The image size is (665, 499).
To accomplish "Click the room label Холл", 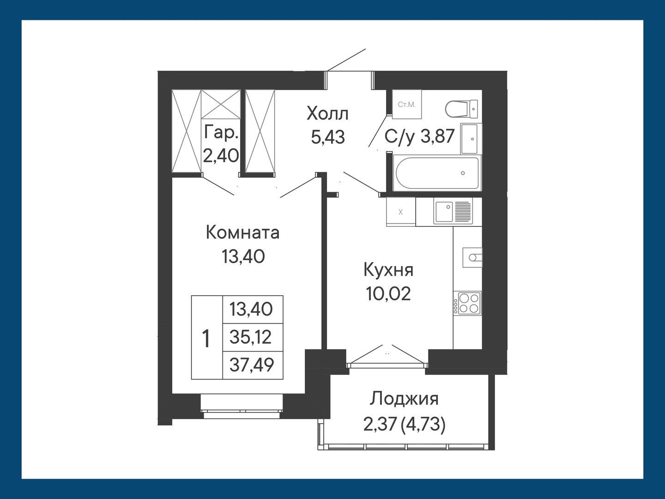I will click(327, 113).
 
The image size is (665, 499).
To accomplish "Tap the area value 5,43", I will click(327, 137).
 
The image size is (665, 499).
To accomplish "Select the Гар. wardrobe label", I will click(221, 134).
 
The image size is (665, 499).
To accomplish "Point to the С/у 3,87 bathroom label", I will click(420, 137).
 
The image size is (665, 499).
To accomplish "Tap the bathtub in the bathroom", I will click(436, 173).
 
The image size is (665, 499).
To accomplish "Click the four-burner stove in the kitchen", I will click(467, 303).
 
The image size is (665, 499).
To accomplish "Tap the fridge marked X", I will click(400, 212).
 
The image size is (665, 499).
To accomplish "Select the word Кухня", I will click(388, 270).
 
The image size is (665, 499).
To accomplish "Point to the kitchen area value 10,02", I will click(388, 293).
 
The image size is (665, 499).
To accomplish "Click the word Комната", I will click(242, 232).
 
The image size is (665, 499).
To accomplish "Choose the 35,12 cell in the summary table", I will click(252, 338).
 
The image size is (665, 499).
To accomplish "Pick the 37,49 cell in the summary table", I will click(252, 365).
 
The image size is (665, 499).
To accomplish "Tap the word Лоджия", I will click(405, 398).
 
